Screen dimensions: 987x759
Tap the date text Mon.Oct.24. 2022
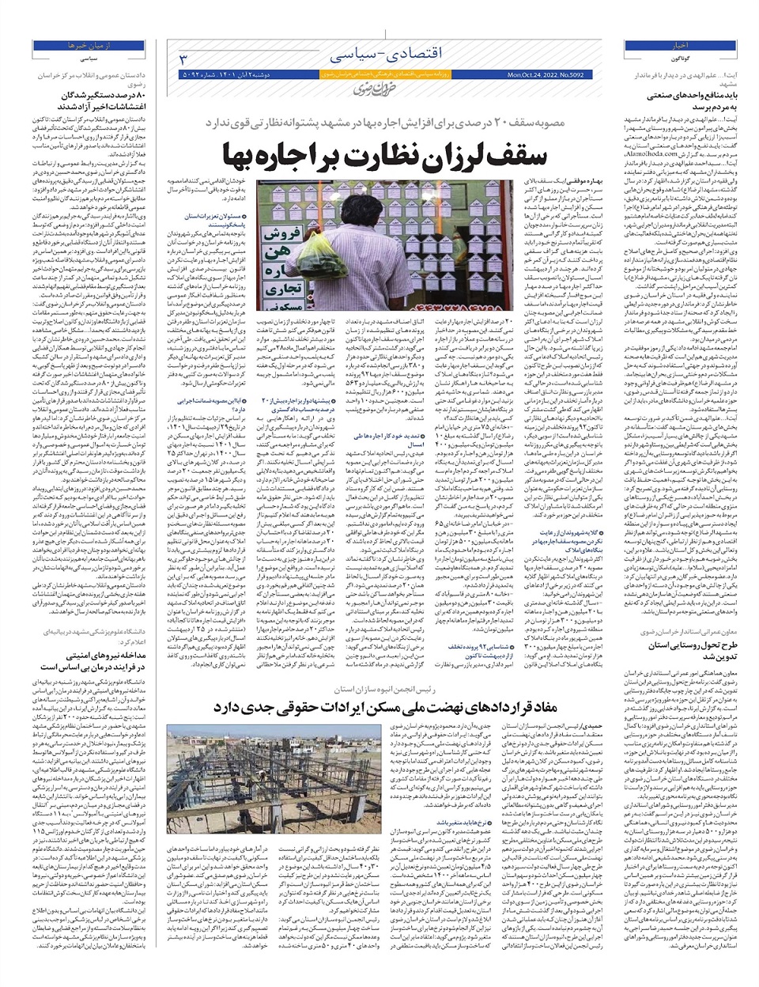click(546, 75)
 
